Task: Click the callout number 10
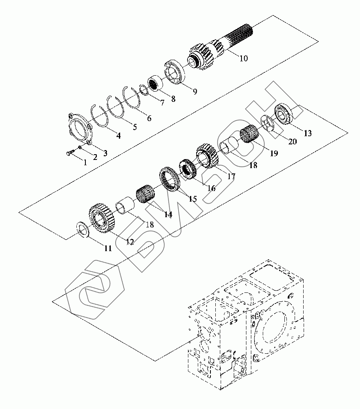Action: coord(244,58)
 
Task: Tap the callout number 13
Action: coord(308,133)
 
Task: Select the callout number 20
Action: coord(292,142)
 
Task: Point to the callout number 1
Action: coord(85,162)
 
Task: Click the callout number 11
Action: coord(108,248)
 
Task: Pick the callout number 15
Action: coord(192,199)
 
